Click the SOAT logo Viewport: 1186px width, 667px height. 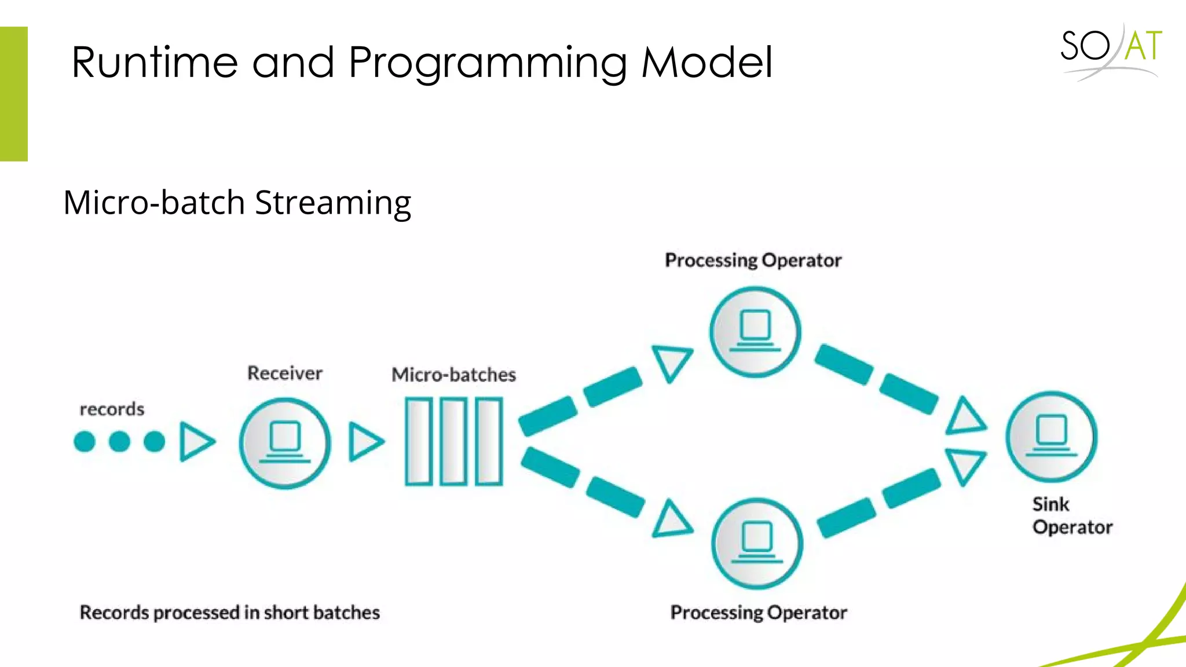coord(1111,51)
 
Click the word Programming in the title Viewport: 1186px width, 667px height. coord(488,63)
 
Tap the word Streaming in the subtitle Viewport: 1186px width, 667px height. coord(333,203)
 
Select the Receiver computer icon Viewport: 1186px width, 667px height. coord(285,443)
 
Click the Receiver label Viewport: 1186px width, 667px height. coord(284,373)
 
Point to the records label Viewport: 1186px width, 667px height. coord(112,409)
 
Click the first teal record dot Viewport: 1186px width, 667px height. coord(85,442)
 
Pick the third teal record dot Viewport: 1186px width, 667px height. coord(154,442)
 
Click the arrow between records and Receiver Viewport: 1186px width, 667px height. coord(196,442)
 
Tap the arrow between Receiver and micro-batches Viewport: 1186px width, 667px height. coord(365,442)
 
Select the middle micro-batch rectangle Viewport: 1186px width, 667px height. coord(453,441)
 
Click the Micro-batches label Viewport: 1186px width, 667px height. coord(453,375)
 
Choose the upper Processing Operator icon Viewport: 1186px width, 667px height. coord(755,332)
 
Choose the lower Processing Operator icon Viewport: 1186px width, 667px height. coord(757,543)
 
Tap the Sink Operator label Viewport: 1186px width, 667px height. coord(1071,516)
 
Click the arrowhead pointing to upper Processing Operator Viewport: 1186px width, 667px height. coord(672,362)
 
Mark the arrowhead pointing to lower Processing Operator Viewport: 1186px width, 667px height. coord(672,520)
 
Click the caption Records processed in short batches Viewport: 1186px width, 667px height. coord(229,613)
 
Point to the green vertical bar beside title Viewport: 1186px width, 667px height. coord(13,94)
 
